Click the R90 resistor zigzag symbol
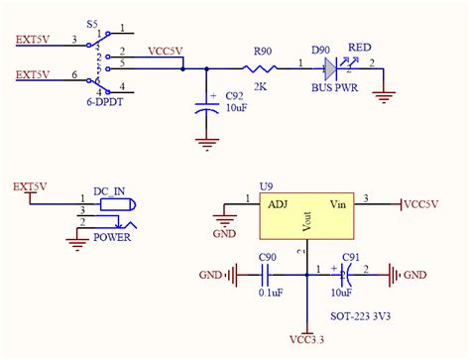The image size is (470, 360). click(263, 68)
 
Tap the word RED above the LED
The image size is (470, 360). click(359, 47)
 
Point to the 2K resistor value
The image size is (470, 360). click(262, 87)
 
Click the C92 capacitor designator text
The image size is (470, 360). click(235, 95)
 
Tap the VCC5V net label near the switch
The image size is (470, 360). click(165, 50)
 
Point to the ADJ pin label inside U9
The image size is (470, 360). click(278, 204)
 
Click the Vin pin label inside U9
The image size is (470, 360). click(339, 204)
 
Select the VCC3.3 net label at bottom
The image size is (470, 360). click(308, 342)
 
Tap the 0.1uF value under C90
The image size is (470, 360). click(269, 294)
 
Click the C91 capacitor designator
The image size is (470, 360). click(350, 258)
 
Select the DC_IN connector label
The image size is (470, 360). click(110, 189)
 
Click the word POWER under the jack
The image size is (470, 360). click(112, 237)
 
